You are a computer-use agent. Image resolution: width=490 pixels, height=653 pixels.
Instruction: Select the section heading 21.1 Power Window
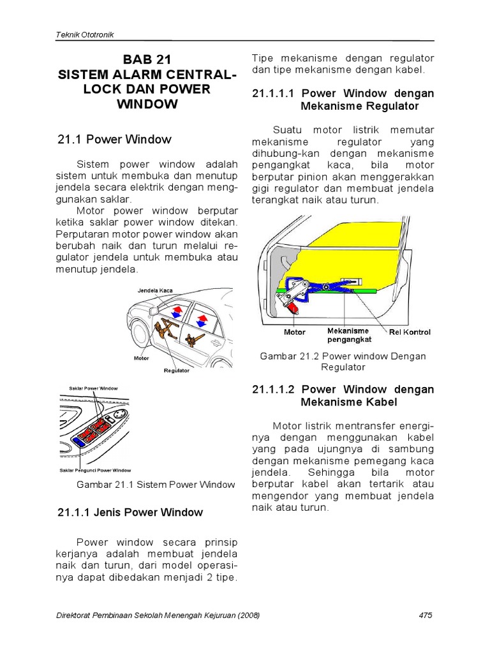point(114,139)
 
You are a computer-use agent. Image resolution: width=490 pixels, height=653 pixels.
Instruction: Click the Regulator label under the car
point(177,370)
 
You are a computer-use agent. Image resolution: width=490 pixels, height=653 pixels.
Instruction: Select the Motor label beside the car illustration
point(142,358)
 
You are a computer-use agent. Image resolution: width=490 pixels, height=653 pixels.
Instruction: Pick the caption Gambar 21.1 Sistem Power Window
point(156,485)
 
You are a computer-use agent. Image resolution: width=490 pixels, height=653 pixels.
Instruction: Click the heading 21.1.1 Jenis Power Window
point(130,512)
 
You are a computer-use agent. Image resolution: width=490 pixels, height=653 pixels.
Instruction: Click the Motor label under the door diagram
point(294,332)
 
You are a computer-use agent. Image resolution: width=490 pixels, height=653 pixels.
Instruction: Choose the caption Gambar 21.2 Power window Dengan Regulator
point(343,362)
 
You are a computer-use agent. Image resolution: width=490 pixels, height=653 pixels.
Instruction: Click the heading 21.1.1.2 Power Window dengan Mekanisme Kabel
point(343,395)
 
